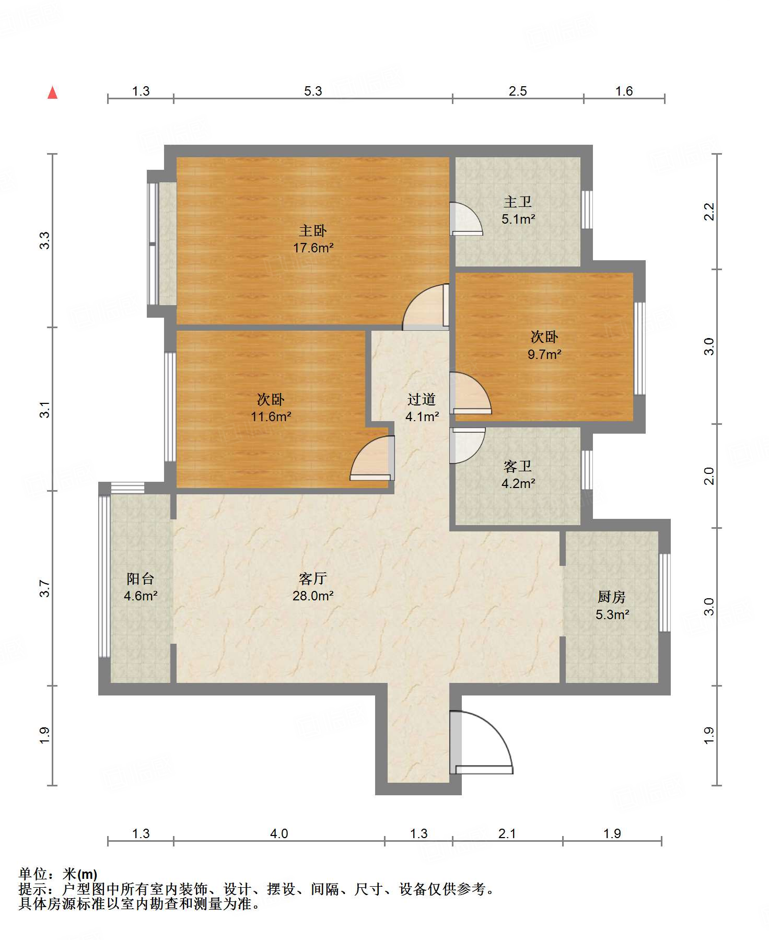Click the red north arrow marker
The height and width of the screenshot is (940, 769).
coord(52,93)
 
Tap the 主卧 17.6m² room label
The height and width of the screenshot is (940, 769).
coord(313,239)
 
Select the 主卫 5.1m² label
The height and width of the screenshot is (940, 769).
coord(518,210)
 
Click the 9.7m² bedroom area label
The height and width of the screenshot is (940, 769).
coord(544,354)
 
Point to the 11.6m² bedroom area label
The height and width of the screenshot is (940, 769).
coord(271,416)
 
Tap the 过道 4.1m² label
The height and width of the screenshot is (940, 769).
coord(422,408)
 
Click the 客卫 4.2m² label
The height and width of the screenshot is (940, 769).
coord(518,474)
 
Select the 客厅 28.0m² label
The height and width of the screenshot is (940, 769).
coord(313,587)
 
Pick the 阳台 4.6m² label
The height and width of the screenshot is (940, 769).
coord(141,587)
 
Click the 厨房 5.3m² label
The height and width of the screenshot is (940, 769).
coord(612,605)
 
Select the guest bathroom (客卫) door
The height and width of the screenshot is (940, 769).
coord(467,444)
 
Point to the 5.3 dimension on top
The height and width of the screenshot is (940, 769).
coord(313,91)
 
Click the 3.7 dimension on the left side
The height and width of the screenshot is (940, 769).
coord(45,589)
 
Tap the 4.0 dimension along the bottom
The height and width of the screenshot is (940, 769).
coord(279,833)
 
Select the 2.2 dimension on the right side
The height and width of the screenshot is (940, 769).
coord(709,211)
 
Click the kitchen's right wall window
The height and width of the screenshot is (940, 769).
coord(664,593)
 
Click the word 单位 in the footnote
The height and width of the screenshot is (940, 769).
coord(32,874)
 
